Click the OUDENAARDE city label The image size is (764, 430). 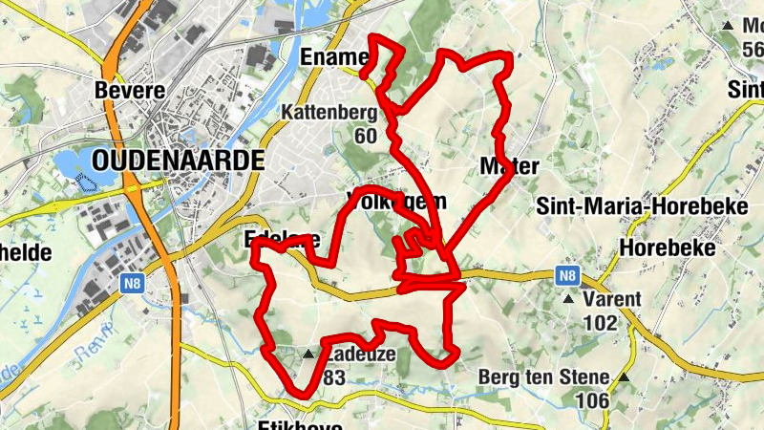click(x=180, y=160)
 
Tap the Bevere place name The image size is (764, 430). click(x=131, y=91)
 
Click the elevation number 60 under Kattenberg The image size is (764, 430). click(x=365, y=135)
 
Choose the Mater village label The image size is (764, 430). click(x=511, y=165)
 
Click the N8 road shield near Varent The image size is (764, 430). click(x=568, y=276)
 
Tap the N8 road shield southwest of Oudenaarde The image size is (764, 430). click(x=131, y=283)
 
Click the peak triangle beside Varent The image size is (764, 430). click(x=569, y=299)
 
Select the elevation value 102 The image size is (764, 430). click(x=600, y=323)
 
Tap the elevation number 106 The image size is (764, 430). click(x=592, y=400)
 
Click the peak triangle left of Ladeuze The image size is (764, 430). click(x=308, y=355)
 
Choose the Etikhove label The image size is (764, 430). click(x=300, y=424)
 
